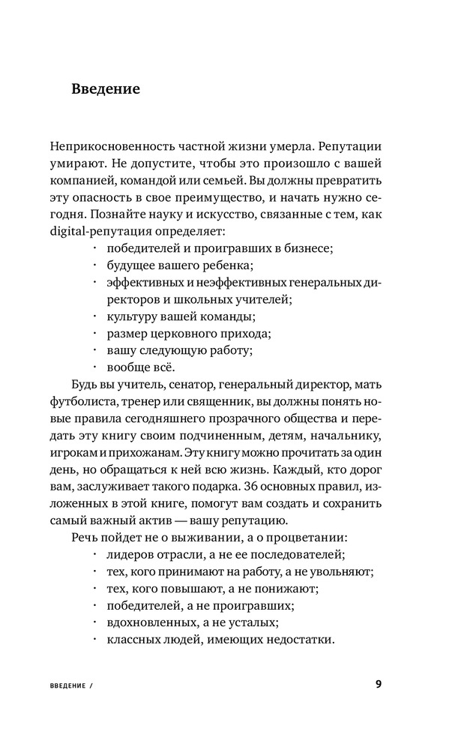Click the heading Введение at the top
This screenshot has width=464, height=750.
(106, 89)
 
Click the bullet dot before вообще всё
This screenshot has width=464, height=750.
(94, 367)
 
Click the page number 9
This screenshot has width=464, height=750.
(379, 685)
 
